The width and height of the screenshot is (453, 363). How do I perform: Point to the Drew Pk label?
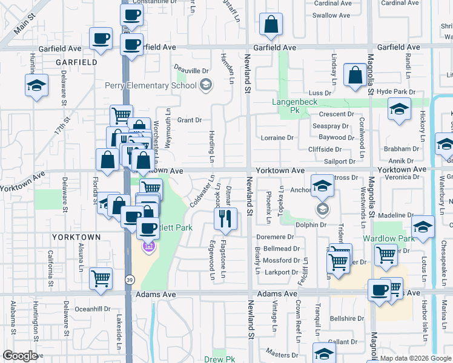[223, 359]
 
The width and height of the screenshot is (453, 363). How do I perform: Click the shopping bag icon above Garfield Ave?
[271, 25]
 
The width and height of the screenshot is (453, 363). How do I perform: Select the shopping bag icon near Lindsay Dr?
[354, 75]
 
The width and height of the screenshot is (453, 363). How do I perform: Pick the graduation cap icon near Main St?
[36, 85]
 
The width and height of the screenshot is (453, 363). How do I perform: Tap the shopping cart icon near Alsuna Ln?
[101, 278]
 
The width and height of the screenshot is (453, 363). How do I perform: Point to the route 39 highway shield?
[130, 280]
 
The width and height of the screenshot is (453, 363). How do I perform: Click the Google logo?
[20, 356]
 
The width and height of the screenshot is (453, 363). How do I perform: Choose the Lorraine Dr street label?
[277, 138]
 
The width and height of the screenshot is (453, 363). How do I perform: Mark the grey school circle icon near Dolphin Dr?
[322, 209]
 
